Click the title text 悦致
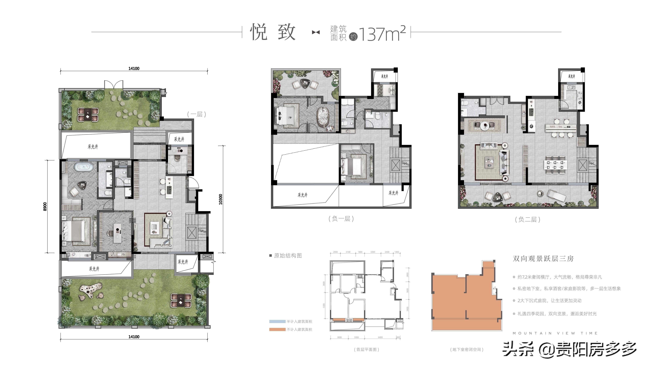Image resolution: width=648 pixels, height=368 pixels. pyautogui.click(x=273, y=32)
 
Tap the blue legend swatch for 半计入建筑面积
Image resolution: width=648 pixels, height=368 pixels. pyautogui.click(x=277, y=322)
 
